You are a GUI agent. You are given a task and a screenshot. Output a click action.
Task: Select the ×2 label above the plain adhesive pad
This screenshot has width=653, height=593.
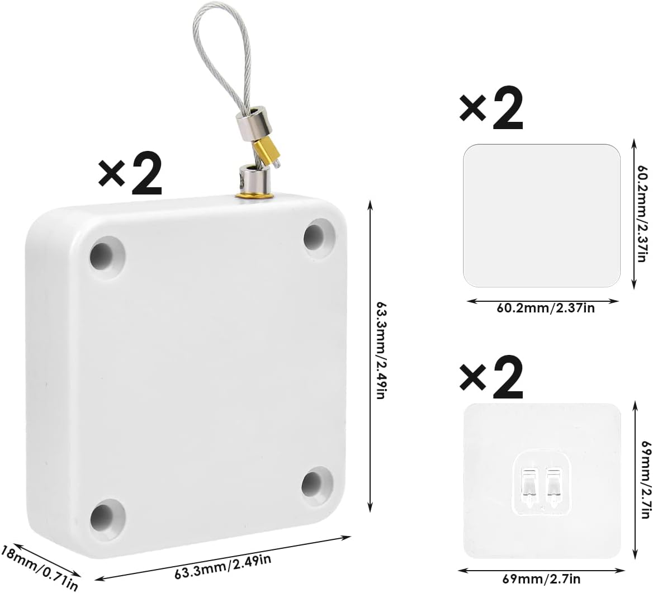491,110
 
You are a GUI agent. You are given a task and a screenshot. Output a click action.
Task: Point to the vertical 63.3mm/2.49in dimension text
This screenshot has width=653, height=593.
381,350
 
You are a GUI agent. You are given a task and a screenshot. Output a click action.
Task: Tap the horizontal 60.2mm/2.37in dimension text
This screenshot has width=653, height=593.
543,309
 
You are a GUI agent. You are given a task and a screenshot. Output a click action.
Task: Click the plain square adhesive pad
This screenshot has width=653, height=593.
542,215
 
